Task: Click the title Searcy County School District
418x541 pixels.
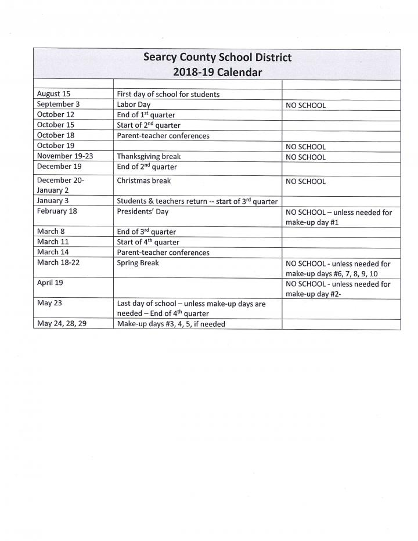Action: [217, 57]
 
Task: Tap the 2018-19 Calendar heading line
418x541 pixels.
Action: [217, 73]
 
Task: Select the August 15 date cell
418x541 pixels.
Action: [53, 93]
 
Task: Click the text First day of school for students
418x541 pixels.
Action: [168, 94]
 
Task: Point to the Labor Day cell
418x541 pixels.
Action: [134, 104]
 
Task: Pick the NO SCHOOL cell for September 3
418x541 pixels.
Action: [305, 105]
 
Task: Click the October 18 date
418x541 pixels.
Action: [55, 135]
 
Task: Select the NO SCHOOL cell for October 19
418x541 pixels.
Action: [305, 147]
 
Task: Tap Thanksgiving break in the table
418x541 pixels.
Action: [149, 157]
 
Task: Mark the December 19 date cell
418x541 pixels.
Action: [59, 166]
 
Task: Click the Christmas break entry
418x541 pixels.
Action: [144, 181]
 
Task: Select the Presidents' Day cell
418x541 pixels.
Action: [142, 211]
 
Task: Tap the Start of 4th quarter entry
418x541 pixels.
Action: [148, 242]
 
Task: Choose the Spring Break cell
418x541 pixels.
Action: [138, 263]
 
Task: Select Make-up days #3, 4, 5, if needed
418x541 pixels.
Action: [171, 324]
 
